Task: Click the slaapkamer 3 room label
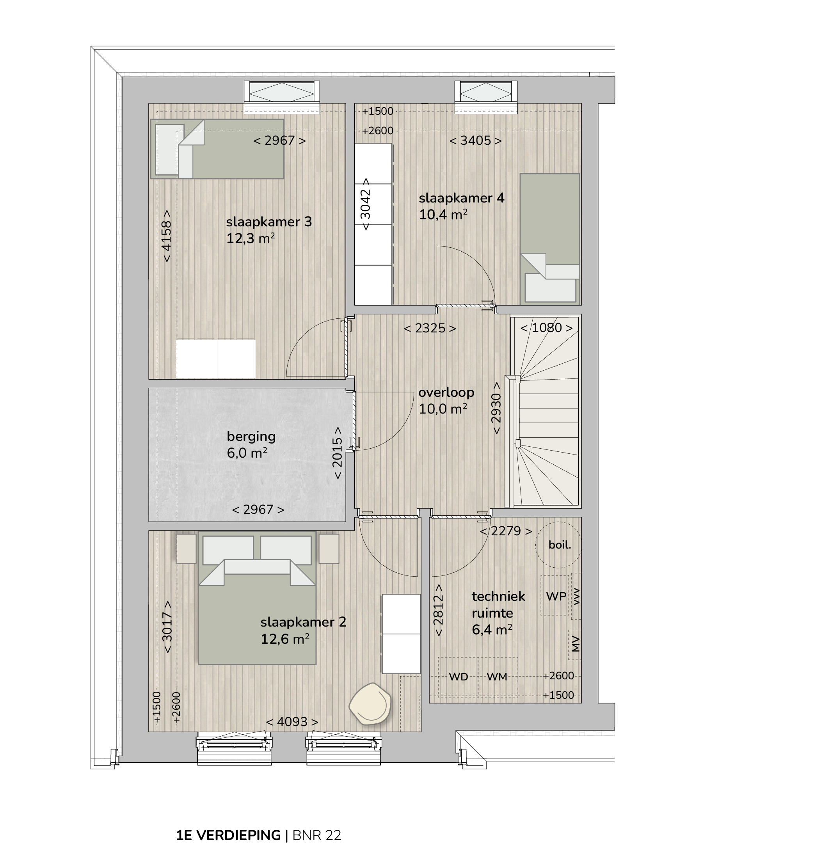tap(269, 222)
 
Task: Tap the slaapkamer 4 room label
tap(462, 198)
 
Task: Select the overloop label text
tap(446, 392)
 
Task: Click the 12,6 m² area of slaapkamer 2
tap(285, 639)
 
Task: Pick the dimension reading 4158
tap(167, 236)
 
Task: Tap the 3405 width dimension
tap(475, 140)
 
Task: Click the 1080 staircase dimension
tap(546, 328)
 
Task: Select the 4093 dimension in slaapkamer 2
tap(292, 722)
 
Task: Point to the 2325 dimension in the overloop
tap(430, 328)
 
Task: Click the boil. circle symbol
tap(558, 545)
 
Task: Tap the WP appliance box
tap(555, 595)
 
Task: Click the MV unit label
tap(576, 644)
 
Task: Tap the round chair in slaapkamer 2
tap(370, 703)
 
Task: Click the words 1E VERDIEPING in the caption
tap(229, 835)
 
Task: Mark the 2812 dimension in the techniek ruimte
tap(438, 610)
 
